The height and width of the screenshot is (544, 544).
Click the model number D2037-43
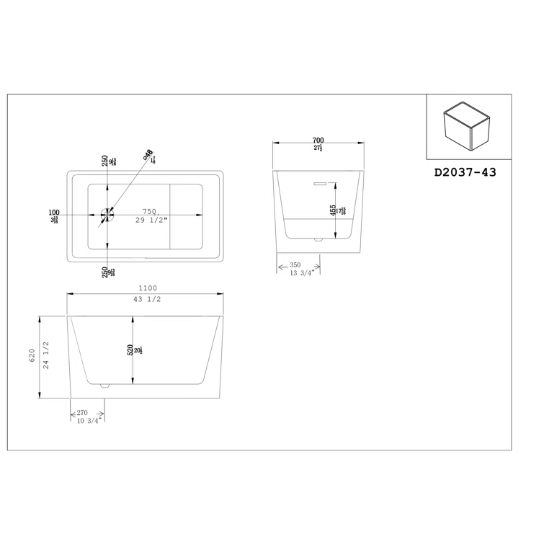coord(465,172)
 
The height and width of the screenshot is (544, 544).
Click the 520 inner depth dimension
coord(130,350)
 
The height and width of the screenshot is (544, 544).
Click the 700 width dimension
coord(317,141)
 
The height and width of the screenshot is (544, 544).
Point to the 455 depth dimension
coord(332,210)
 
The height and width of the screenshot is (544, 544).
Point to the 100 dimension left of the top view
coord(53,213)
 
